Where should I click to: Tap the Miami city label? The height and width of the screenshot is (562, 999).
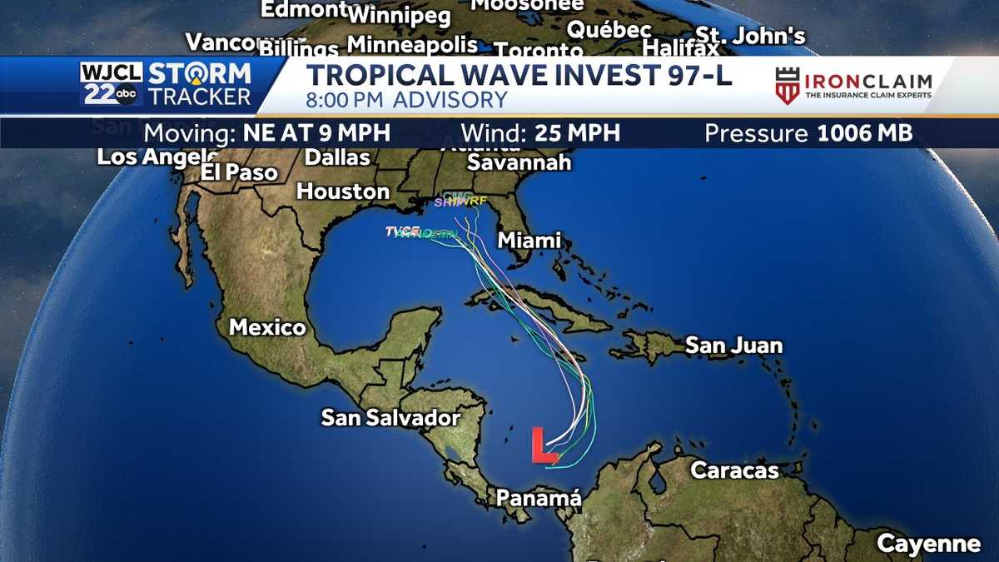(529, 241)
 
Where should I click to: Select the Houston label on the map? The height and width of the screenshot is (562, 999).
(343, 191)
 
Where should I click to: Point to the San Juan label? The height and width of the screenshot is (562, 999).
(733, 346)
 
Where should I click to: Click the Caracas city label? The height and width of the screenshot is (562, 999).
(734, 470)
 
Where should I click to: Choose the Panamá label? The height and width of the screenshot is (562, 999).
(538, 498)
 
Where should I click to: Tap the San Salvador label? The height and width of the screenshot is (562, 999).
(390, 417)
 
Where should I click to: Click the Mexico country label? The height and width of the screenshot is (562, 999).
(267, 327)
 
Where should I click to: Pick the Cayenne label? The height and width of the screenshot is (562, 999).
(928, 545)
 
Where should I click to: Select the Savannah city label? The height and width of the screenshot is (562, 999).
(519, 162)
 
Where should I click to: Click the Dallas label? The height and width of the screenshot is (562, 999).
(337, 157)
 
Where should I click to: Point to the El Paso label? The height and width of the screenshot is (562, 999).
(239, 172)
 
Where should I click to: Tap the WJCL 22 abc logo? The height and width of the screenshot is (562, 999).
(110, 84)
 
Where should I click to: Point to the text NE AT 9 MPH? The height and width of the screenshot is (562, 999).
(316, 133)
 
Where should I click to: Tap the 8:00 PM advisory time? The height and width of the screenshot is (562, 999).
(347, 101)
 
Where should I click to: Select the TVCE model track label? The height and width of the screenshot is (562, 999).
(402, 231)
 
